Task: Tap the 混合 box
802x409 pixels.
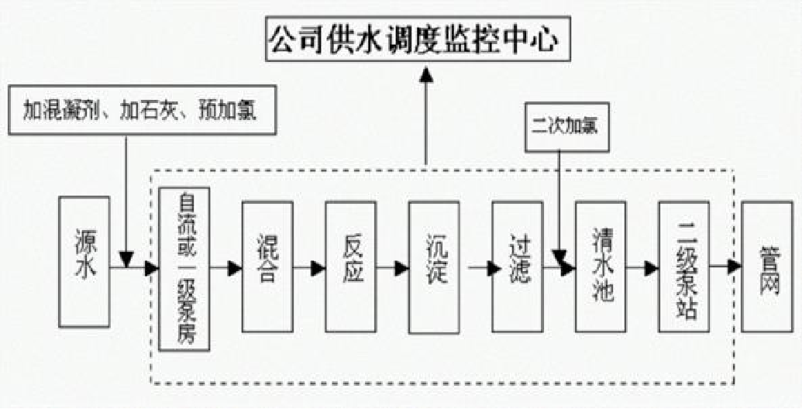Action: (x=267, y=266)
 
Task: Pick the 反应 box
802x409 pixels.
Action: (x=350, y=266)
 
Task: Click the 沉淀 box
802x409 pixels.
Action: (x=434, y=266)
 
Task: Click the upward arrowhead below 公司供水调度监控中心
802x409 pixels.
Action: (x=425, y=74)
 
